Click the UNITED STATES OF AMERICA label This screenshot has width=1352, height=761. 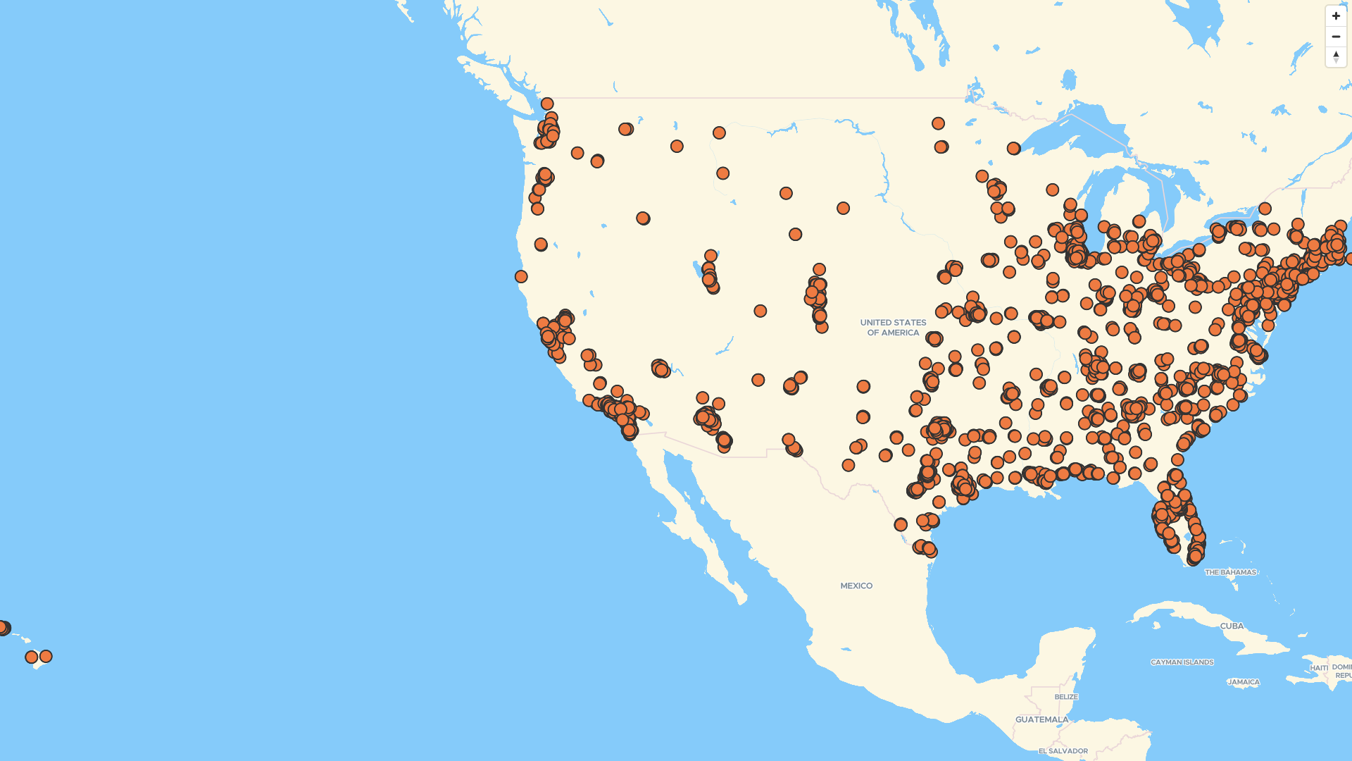[x=893, y=328]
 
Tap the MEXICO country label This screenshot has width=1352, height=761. [x=856, y=586]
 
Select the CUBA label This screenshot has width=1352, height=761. [x=1232, y=626]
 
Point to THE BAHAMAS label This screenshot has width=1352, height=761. [x=1230, y=572]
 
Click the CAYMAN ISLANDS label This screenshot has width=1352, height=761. [x=1182, y=662]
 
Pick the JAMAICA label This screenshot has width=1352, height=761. [x=1243, y=682]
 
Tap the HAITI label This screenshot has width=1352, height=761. [x=1318, y=667]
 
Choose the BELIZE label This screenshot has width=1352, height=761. [x=1066, y=697]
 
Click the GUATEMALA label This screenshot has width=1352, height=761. [x=1041, y=719]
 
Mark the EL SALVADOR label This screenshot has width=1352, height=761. [x=1063, y=751]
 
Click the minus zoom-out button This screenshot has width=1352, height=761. [x=1336, y=37]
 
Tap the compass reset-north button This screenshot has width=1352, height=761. [x=1336, y=56]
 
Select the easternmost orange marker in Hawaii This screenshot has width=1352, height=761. [x=46, y=656]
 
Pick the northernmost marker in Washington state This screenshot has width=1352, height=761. [x=547, y=104]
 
